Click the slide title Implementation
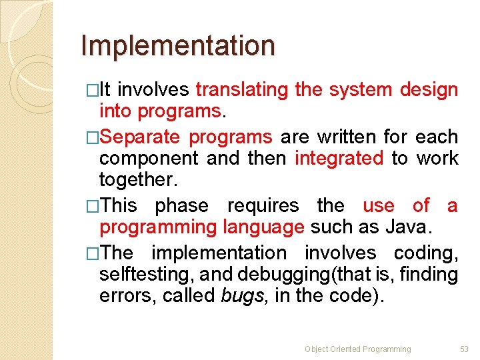[177, 46]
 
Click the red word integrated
[339, 159]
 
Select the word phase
[181, 205]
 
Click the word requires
[263, 205]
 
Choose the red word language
[264, 227]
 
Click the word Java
[409, 227]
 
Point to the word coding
[425, 253]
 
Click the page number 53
[465, 349]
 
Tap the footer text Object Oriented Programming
[357, 349]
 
